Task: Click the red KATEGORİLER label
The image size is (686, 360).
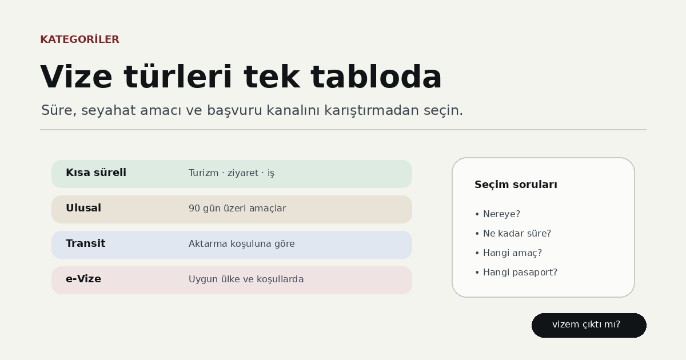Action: click(79, 39)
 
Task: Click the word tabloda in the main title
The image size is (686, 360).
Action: click(376, 77)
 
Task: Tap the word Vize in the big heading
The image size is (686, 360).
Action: click(76, 77)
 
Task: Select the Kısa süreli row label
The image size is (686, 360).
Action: click(96, 173)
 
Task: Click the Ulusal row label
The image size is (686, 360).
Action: click(83, 208)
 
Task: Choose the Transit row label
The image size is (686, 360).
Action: click(85, 243)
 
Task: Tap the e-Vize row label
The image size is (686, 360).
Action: click(83, 279)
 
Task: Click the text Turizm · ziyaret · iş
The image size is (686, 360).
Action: click(231, 173)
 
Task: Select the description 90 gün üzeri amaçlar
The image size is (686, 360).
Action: click(237, 208)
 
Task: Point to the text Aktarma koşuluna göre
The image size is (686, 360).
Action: click(242, 243)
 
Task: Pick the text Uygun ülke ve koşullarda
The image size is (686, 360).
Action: click(246, 279)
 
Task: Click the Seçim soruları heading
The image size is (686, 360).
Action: click(516, 185)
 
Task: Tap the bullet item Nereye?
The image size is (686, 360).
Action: click(498, 214)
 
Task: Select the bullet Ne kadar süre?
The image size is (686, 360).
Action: click(513, 234)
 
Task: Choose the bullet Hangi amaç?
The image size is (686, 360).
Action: click(508, 253)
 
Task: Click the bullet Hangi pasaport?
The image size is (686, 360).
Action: click(516, 273)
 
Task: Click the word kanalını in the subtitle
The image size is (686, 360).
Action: click(293, 110)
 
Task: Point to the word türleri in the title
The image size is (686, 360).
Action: click(178, 77)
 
